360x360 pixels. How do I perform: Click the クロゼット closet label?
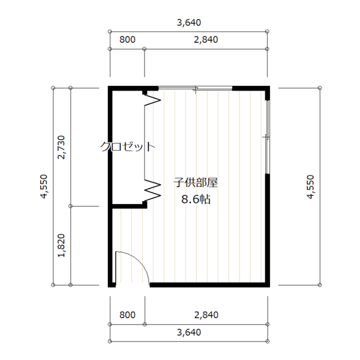click(x=127, y=146)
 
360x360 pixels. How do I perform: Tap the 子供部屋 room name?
click(x=196, y=183)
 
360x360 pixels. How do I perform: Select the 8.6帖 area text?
click(x=196, y=199)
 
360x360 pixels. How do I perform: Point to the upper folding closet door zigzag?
click(x=152, y=100)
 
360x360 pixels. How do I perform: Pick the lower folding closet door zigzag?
click(x=152, y=190)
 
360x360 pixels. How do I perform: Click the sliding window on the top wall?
click(x=196, y=88)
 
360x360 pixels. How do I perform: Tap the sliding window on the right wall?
click(x=267, y=137)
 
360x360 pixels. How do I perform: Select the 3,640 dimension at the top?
click(x=189, y=23)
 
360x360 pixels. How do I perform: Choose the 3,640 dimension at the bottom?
click(x=189, y=332)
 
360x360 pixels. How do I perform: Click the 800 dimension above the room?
click(x=127, y=40)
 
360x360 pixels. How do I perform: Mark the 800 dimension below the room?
click(x=127, y=315)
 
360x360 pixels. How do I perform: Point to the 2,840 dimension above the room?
click(x=206, y=40)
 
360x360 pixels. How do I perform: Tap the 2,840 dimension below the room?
click(x=206, y=315)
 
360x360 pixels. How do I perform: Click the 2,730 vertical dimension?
click(x=61, y=147)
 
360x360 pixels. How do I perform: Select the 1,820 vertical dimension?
click(x=61, y=245)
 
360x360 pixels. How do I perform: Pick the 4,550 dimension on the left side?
click(x=44, y=186)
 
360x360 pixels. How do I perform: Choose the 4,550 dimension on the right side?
click(x=310, y=187)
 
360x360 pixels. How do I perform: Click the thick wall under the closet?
click(x=129, y=206)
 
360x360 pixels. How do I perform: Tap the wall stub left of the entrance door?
click(x=112, y=284)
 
